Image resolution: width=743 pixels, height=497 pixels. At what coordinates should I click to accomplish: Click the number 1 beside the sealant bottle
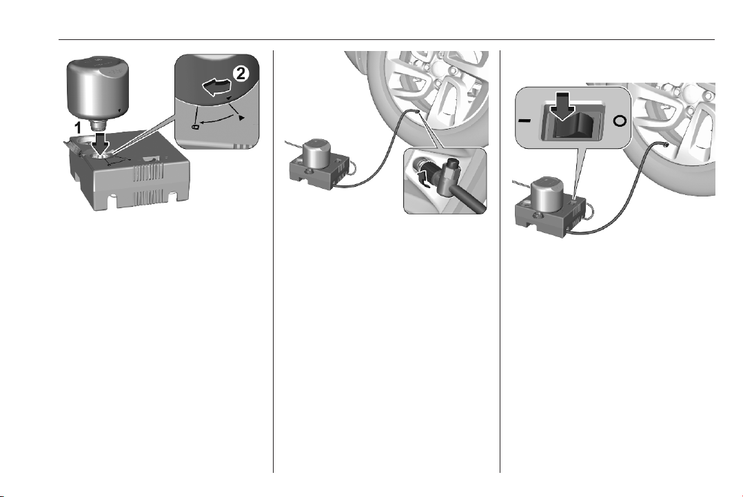coord(81,128)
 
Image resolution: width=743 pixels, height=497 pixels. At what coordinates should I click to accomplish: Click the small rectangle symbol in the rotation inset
coord(196,127)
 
